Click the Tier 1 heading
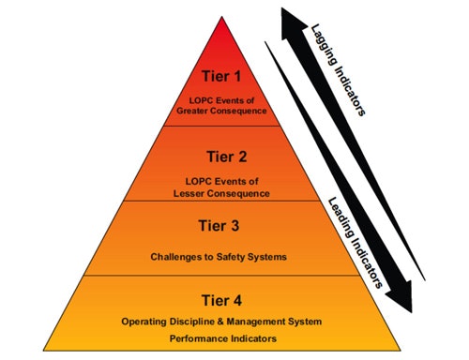click(x=222, y=76)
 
